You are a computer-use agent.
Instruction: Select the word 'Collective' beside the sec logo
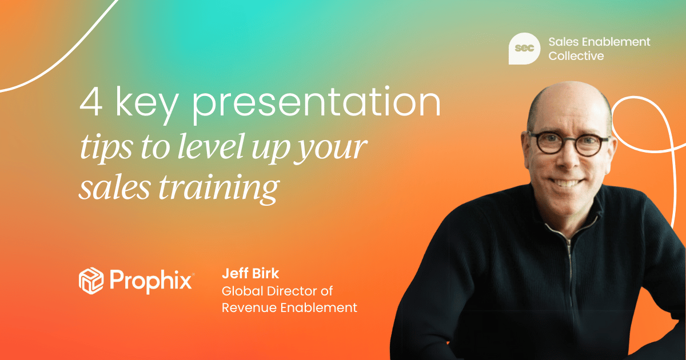[x=576, y=56]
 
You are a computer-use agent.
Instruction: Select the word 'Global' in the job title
[x=240, y=291]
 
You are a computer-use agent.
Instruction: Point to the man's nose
[x=566, y=157]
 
